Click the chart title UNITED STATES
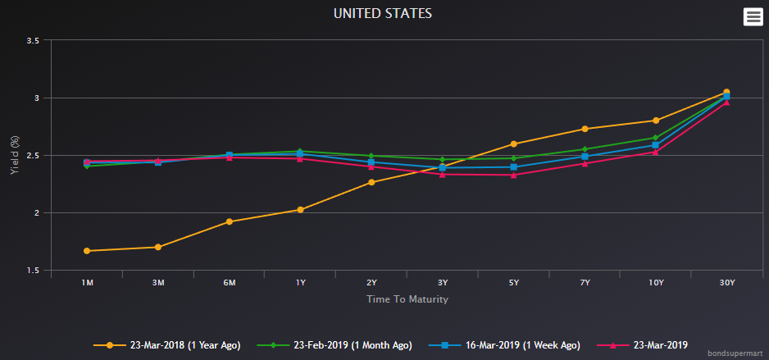tap(382, 13)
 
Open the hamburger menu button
tap(753, 16)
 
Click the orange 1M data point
tap(87, 251)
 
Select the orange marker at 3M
tap(158, 247)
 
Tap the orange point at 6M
tap(230, 221)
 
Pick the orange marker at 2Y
tap(371, 182)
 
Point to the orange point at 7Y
tap(585, 129)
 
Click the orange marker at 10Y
tap(656, 121)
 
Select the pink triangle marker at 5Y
tap(513, 175)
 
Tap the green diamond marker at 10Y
tap(656, 138)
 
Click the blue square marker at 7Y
tap(585, 156)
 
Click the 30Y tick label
tap(726, 283)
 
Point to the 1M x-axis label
tap(87, 283)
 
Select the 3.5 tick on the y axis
tap(33, 40)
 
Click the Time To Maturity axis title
tap(407, 299)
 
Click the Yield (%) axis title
tap(14, 156)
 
